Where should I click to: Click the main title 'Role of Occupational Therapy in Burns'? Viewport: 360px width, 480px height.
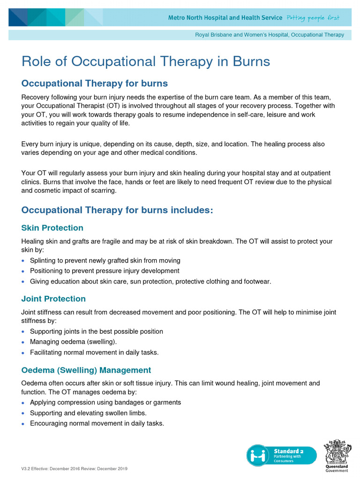[x=145, y=61]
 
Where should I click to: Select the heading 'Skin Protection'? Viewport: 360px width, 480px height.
[x=52, y=228]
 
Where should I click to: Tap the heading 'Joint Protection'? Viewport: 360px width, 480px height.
[x=53, y=299]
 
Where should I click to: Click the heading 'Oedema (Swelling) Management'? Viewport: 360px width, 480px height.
[x=86, y=370]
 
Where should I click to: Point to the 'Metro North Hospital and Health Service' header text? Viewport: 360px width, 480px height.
[x=225, y=18]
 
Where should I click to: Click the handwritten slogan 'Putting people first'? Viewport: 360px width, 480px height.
[x=313, y=18]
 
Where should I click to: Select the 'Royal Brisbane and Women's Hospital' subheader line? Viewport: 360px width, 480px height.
[x=269, y=35]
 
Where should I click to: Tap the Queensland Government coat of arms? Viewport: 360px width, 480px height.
[x=337, y=451]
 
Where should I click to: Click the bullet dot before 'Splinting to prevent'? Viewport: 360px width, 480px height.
[x=23, y=261]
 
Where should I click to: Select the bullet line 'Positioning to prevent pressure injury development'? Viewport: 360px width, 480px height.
[x=105, y=271]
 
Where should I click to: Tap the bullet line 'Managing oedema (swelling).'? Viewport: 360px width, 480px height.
[x=74, y=342]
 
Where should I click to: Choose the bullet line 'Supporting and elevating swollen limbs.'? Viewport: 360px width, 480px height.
[x=88, y=413]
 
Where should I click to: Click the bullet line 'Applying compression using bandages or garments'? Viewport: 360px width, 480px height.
[x=105, y=402]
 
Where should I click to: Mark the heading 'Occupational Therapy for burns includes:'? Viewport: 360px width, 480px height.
[x=117, y=210]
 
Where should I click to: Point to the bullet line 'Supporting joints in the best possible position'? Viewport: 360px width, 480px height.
[x=97, y=331]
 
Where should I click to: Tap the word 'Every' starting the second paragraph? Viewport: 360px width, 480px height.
[x=30, y=144]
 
